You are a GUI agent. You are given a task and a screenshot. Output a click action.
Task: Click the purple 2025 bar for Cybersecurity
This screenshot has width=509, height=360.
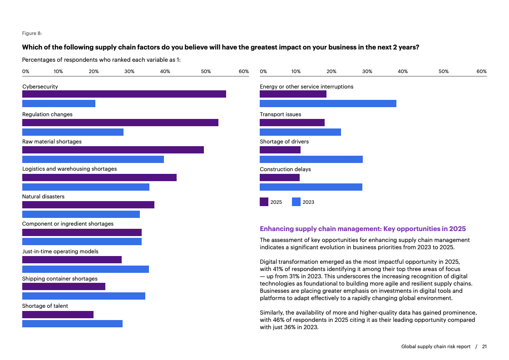pyautogui.click(x=124, y=94)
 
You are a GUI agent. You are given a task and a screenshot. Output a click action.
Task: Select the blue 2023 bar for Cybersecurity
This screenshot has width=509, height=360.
pyautogui.click(x=59, y=104)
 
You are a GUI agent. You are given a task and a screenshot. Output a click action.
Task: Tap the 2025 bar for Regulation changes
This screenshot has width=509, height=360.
pyautogui.click(x=120, y=123)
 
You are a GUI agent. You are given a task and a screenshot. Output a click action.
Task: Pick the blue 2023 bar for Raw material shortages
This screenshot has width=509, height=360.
pyautogui.click(x=93, y=159)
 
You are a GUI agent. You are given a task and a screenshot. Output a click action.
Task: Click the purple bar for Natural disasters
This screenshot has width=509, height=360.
pyautogui.click(x=88, y=205)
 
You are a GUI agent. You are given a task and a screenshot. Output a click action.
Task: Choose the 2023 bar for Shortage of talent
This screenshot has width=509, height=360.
pyautogui.click(x=72, y=324)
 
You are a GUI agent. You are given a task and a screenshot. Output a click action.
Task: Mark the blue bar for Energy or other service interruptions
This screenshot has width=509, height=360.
pyautogui.click(x=328, y=104)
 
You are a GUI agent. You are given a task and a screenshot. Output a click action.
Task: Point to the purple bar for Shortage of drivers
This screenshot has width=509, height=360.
pyautogui.click(x=280, y=150)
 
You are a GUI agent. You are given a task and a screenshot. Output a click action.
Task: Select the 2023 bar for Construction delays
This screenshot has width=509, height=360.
pyautogui.click(x=311, y=187)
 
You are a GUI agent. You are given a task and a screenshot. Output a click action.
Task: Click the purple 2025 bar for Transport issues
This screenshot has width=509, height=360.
pyautogui.click(x=292, y=123)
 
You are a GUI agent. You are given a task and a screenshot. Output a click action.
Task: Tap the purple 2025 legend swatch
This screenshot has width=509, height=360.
pyautogui.click(x=264, y=202)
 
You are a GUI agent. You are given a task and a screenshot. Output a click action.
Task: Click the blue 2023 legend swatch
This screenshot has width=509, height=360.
pyautogui.click(x=296, y=202)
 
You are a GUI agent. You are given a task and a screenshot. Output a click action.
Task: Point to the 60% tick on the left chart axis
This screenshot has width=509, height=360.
pyautogui.click(x=244, y=71)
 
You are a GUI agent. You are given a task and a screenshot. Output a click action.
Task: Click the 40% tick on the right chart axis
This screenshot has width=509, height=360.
pyautogui.click(x=403, y=71)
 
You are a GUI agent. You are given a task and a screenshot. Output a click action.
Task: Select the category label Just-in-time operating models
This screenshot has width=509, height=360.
pyautogui.click(x=60, y=252)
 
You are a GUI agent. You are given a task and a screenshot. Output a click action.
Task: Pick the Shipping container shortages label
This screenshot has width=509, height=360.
pyautogui.click(x=60, y=279)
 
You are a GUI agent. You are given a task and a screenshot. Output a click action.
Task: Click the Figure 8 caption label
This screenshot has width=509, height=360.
pyautogui.click(x=32, y=33)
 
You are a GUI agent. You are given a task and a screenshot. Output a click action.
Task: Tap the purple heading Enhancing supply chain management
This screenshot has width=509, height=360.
pyautogui.click(x=363, y=229)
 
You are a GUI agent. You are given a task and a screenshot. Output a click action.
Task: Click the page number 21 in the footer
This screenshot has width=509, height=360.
pyautogui.click(x=484, y=346)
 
